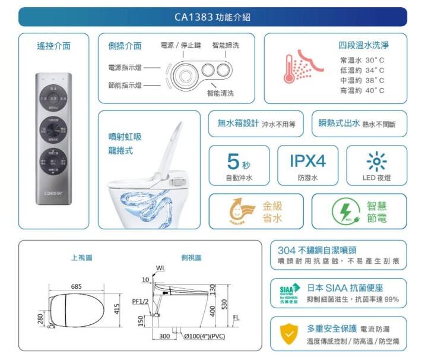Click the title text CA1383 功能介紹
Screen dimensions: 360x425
(x=212, y=17)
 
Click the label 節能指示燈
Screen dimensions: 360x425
(x=124, y=85)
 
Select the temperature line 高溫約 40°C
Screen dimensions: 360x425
(x=362, y=90)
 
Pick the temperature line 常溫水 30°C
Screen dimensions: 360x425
(x=362, y=60)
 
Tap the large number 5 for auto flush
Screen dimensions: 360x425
(x=233, y=160)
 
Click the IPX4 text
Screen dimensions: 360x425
(x=307, y=160)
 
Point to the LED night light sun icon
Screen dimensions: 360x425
(x=376, y=161)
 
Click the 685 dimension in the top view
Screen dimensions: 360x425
(x=77, y=287)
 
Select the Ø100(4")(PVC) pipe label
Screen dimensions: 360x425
(x=206, y=336)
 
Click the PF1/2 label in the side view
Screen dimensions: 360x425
(x=140, y=302)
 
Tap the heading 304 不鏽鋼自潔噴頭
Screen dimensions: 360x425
(x=321, y=250)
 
